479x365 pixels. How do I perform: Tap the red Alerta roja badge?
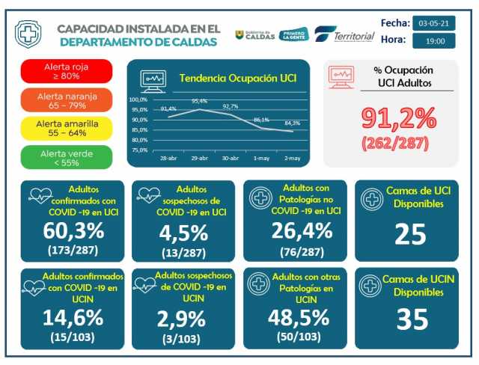coord(67,71)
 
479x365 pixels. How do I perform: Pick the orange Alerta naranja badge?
coord(67,99)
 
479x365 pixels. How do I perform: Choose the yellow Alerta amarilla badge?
coord(67,128)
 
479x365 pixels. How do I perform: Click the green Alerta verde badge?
coord(67,156)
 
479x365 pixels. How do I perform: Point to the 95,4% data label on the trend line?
coord(199,101)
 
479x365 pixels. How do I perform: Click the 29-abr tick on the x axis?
coord(199,159)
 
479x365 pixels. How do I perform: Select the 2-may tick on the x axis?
coord(293,159)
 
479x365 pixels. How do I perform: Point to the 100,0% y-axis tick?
coord(139,99)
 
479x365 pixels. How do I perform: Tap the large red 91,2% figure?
coord(398,117)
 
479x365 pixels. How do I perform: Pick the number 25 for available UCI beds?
coord(409,235)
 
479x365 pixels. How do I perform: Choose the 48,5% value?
coord(298,317)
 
